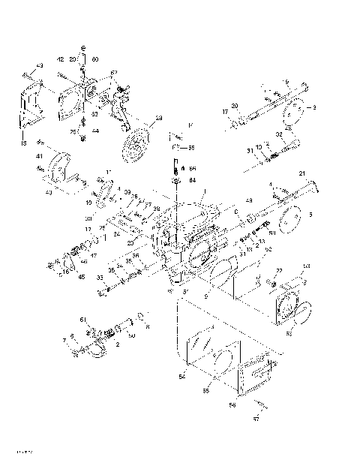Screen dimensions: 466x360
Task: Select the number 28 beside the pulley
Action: tap(158, 119)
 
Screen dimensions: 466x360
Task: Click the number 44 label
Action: tap(95, 131)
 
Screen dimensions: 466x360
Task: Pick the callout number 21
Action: tap(302, 174)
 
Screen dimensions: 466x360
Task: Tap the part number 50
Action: tap(132, 335)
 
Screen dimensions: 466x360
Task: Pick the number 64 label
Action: tap(192, 180)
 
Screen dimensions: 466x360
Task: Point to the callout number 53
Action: tap(306, 266)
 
